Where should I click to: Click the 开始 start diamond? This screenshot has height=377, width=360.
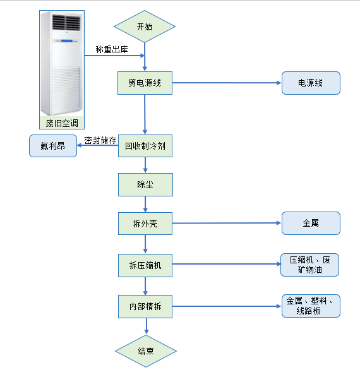[x=145, y=27]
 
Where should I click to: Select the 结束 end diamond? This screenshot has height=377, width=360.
[x=145, y=351]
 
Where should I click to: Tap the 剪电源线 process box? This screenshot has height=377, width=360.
[x=145, y=83]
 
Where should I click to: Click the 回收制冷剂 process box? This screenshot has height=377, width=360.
[x=145, y=146]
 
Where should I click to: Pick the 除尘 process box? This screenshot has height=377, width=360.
[x=145, y=184]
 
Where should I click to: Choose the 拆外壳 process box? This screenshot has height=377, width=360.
[x=145, y=223]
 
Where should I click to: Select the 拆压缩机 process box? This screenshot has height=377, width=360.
[x=145, y=265]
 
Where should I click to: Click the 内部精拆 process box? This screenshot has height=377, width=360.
[x=145, y=307]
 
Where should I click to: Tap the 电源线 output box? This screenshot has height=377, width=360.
[x=311, y=83]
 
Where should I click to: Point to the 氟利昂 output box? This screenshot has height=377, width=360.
[x=52, y=146]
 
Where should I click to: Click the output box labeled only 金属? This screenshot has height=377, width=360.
[x=311, y=223]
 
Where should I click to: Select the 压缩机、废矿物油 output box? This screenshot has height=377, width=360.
[x=311, y=265]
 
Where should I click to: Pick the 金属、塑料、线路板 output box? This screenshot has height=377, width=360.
[x=311, y=306]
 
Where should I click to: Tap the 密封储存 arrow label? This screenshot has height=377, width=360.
[x=100, y=140]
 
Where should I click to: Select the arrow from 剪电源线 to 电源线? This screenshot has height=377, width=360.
[x=227, y=83]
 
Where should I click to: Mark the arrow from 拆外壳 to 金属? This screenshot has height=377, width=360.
[x=227, y=223]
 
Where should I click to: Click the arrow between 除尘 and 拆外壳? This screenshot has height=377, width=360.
[x=145, y=204]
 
